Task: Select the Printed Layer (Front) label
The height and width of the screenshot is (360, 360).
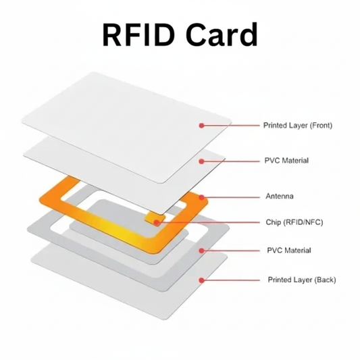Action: (x=297, y=125)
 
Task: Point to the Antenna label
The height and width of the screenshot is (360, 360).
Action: (x=280, y=197)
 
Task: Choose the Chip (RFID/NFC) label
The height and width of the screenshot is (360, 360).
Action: (x=294, y=222)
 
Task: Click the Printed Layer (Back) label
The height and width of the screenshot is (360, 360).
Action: (x=301, y=280)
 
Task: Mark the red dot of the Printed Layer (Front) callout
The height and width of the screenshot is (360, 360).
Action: (x=201, y=125)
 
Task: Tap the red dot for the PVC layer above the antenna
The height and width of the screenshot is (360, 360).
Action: (x=201, y=161)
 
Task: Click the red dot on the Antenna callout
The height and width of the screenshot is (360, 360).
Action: (x=201, y=197)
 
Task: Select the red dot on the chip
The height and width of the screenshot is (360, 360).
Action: (x=157, y=221)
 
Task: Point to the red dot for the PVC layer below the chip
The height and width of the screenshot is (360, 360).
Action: (x=201, y=250)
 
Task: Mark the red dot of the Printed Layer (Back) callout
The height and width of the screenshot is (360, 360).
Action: (x=201, y=280)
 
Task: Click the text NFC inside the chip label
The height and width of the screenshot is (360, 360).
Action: (x=313, y=222)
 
